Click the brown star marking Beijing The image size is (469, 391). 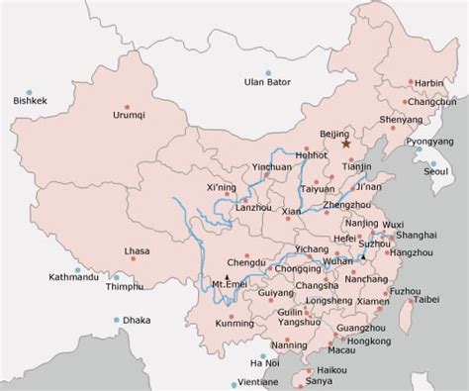[x=347, y=144]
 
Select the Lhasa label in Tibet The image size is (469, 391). [x=138, y=251]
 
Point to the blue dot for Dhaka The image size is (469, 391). [x=118, y=319]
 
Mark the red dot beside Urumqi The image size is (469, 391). [x=127, y=104]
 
